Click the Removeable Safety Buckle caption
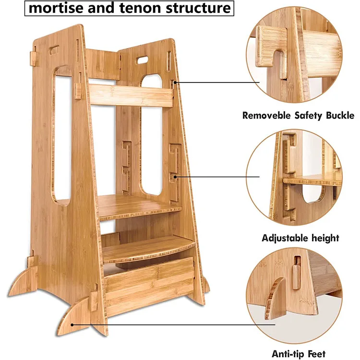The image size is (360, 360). click(x=298, y=115)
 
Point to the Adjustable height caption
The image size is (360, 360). click(x=300, y=238)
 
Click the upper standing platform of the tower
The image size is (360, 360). click(x=139, y=206)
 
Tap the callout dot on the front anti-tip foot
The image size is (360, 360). click(x=72, y=324)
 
